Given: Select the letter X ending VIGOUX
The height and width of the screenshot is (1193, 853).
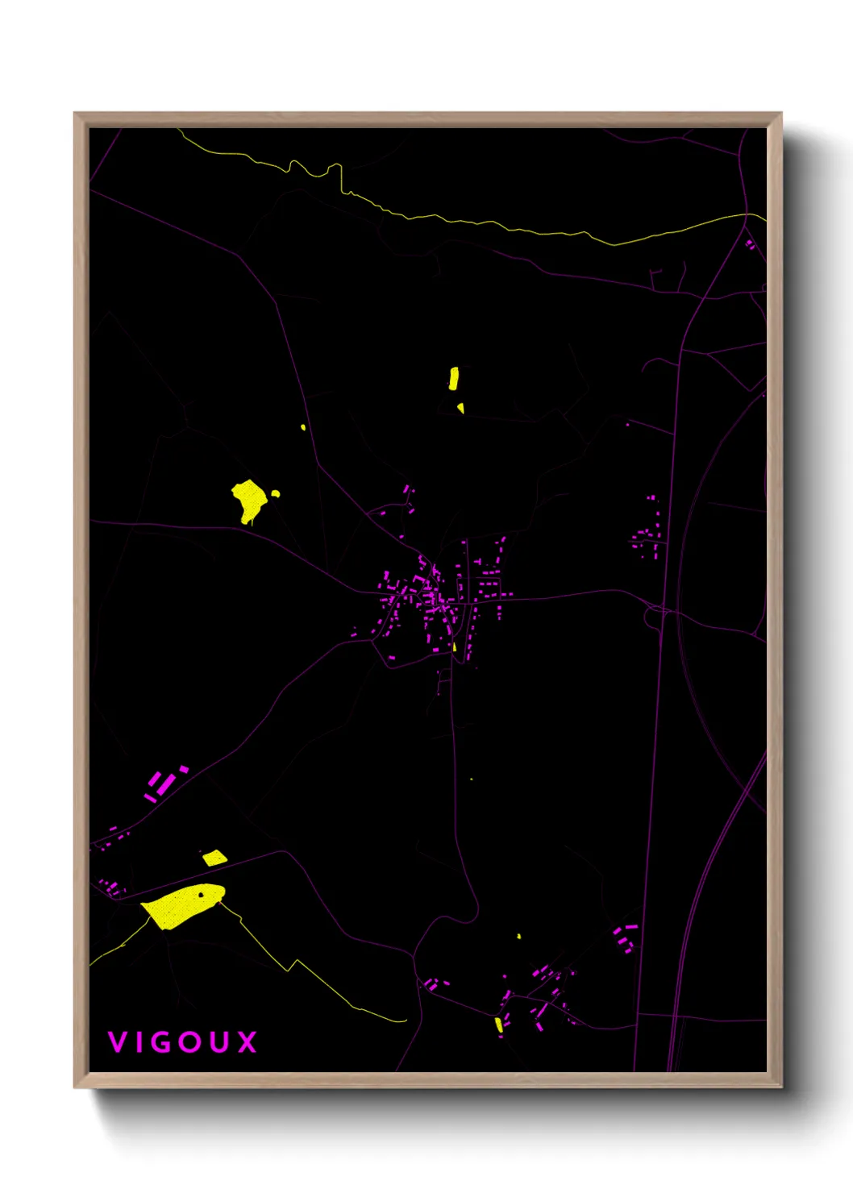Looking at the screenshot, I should [248, 1042].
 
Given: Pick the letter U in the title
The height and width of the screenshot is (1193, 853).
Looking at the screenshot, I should [219, 1042].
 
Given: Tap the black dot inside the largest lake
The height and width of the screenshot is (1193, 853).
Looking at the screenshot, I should [201, 894].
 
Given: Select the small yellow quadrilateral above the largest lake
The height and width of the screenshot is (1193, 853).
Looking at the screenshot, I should [214, 858].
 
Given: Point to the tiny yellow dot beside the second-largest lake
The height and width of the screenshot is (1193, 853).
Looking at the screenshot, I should [276, 493].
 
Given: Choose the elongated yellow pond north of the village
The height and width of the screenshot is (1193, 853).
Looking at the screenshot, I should [454, 378].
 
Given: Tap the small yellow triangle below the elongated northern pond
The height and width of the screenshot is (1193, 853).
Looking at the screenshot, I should [461, 408].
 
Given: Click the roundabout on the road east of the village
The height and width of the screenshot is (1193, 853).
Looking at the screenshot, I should [654, 617].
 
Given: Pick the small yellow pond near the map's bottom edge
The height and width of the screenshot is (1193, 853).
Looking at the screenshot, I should [499, 1025].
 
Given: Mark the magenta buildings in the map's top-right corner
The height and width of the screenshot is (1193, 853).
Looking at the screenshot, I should [751, 243].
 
